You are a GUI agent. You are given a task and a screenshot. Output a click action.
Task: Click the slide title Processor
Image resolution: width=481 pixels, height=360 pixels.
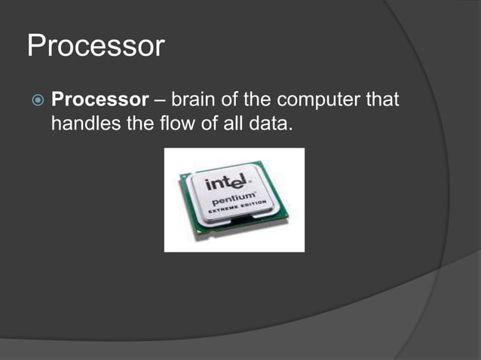click(95, 46)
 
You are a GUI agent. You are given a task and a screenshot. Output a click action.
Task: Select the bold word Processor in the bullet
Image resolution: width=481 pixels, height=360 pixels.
click(99, 99)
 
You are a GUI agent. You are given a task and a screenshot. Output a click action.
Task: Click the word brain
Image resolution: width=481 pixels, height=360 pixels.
click(195, 99)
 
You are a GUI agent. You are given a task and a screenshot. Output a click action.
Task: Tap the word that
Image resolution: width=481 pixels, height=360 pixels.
click(381, 99)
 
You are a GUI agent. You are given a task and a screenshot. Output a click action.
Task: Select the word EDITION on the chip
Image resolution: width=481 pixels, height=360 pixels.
click(254, 210)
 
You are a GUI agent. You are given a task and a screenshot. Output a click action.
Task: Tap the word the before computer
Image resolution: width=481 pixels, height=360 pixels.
click(265, 99)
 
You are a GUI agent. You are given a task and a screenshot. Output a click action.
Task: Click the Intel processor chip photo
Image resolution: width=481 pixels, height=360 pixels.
click(234, 200)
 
